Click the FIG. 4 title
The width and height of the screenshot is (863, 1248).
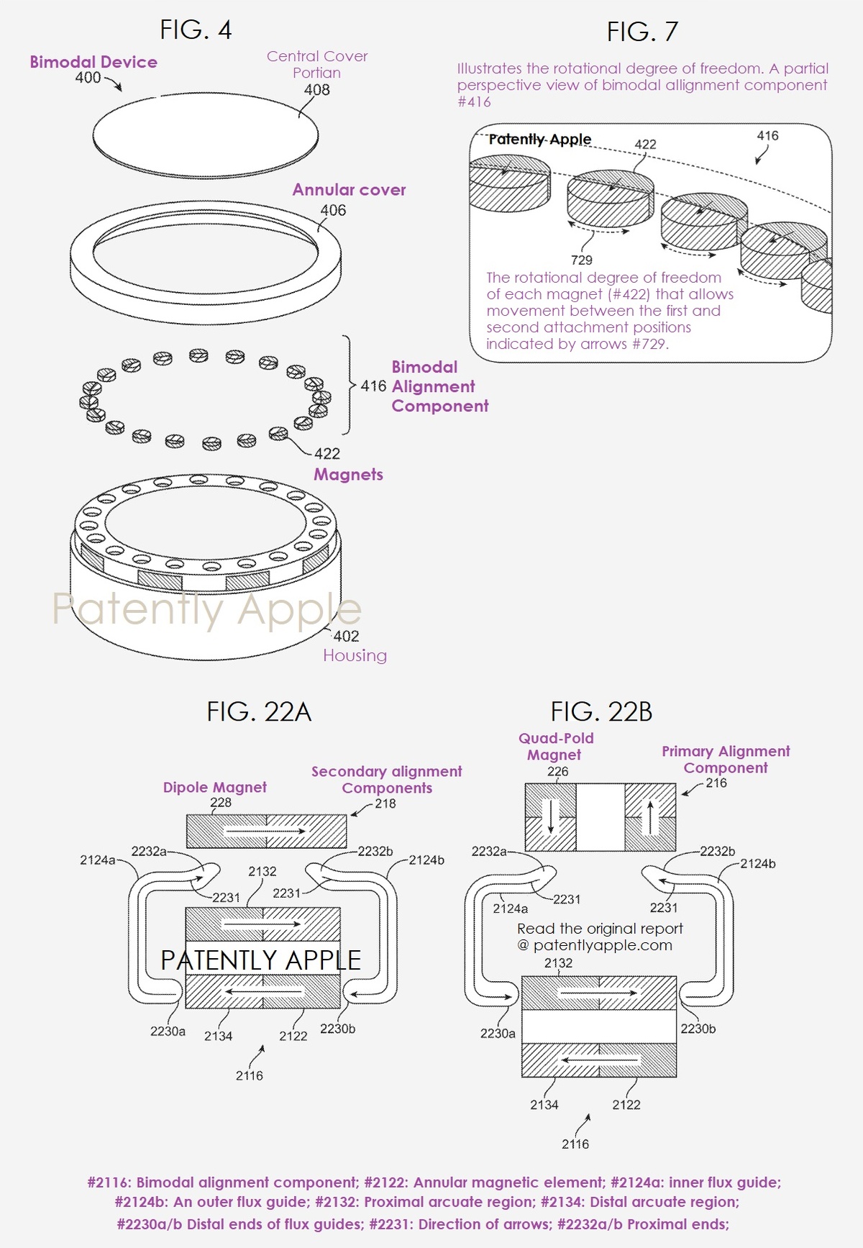[x=196, y=30]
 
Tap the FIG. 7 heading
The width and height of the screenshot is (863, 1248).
[x=642, y=32]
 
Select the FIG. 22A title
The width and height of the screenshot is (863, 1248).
[x=259, y=711]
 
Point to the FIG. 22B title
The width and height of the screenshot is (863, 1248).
[x=601, y=711]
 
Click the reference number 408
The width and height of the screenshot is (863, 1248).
[x=317, y=90]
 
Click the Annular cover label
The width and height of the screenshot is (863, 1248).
[x=349, y=190]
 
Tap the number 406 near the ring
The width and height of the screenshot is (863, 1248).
[x=333, y=210]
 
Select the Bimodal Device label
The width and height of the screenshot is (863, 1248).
[x=93, y=62]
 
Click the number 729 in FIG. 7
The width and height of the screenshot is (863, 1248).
[x=582, y=260]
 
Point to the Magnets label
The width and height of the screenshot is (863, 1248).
[x=348, y=475]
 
